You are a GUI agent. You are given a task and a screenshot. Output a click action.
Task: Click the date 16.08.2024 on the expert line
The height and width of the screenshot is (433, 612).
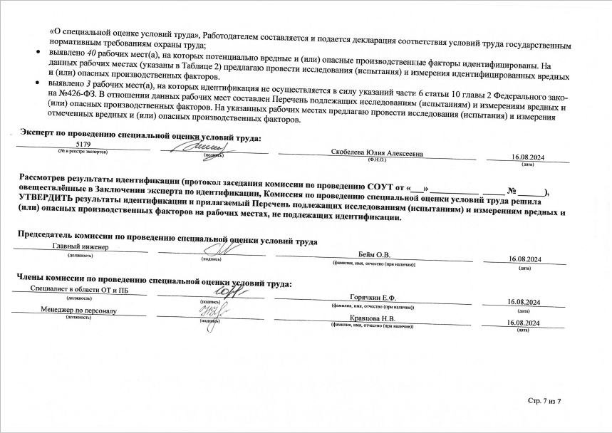click(x=528, y=157)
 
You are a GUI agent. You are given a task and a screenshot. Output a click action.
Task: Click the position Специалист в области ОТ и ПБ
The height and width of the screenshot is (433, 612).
click(x=79, y=290)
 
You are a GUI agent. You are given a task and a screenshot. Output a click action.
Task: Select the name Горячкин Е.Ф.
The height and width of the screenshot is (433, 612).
click(x=373, y=297)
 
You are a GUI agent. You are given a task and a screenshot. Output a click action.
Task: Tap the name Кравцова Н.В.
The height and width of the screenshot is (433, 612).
click(x=373, y=318)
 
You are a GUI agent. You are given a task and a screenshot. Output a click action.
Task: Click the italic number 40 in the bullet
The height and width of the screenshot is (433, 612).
click(x=81, y=52)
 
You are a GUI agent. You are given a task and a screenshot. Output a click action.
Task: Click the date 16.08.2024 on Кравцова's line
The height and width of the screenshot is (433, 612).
click(x=524, y=323)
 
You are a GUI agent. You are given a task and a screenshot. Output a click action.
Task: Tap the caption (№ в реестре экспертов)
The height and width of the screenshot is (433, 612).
click(x=83, y=152)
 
